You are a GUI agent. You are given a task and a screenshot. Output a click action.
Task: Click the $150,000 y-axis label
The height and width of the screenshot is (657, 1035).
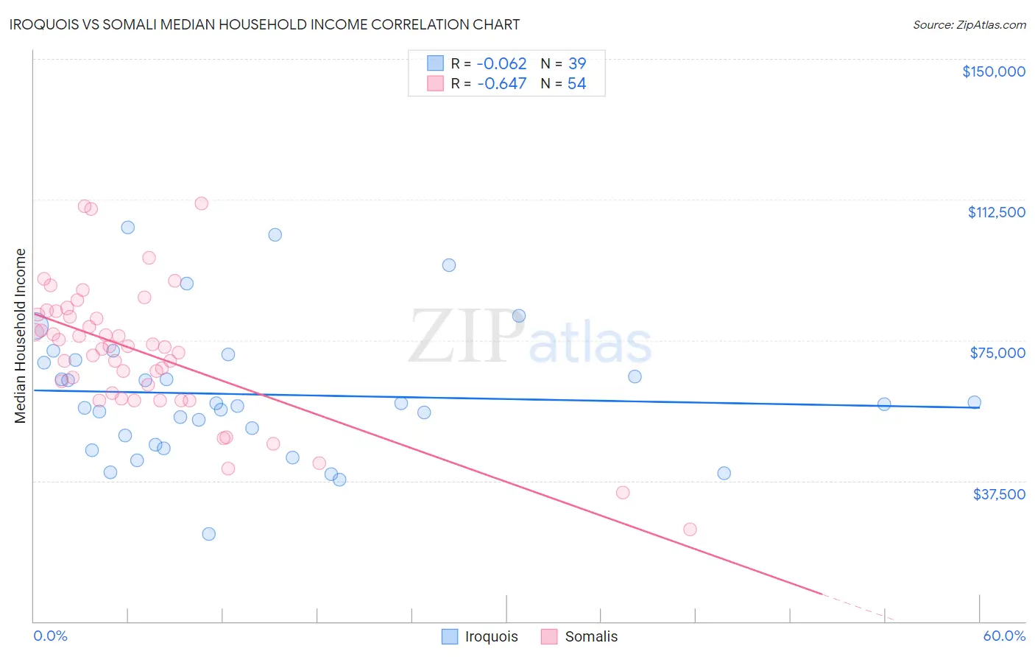tap(993, 71)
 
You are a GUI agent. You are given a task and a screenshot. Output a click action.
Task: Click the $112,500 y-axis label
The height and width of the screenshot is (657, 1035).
tap(996, 212)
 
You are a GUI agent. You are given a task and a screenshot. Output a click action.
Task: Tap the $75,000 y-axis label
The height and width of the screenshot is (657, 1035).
tap(997, 353)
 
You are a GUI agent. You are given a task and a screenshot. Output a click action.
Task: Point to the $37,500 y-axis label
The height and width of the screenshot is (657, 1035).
tap(999, 494)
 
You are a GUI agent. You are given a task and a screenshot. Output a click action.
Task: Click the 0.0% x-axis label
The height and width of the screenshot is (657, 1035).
tap(50, 636)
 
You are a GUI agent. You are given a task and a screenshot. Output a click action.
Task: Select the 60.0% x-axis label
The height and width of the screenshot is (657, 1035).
tap(1004, 636)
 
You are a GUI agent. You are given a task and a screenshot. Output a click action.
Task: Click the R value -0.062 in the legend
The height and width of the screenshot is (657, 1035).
tap(501, 63)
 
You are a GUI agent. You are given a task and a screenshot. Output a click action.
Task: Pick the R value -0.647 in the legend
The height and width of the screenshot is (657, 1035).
tap(501, 83)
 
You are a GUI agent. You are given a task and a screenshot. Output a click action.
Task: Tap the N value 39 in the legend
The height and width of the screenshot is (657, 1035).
tap(577, 63)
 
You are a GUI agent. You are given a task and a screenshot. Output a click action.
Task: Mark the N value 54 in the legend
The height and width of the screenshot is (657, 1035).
tap(577, 83)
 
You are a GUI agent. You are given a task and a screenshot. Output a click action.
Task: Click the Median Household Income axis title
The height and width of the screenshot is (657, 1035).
tap(21, 336)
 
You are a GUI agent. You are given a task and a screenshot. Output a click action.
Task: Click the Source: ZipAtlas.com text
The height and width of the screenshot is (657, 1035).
tap(969, 25)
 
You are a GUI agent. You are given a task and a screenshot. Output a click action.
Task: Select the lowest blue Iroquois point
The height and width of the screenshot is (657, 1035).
tap(209, 534)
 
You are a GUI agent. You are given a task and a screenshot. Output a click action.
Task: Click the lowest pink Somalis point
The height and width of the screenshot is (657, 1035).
tap(690, 530)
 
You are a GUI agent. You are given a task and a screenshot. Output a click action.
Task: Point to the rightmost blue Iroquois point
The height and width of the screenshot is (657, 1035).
tap(974, 402)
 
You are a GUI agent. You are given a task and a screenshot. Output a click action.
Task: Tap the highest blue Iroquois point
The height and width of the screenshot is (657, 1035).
tap(128, 228)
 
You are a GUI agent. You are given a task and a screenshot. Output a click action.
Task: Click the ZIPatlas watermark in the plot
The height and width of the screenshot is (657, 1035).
tap(530, 337)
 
